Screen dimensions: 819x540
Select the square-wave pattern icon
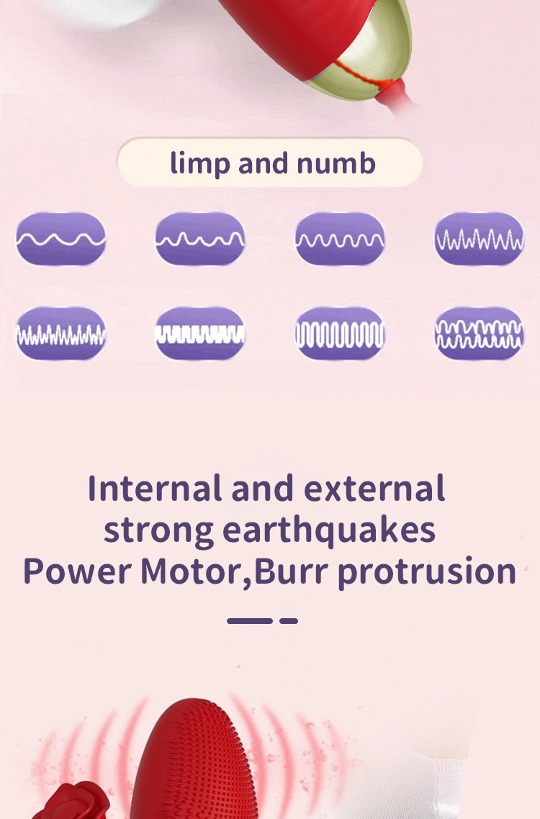[200, 333]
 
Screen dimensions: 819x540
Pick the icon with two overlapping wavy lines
[479, 333]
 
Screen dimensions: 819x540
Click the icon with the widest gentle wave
[61, 239]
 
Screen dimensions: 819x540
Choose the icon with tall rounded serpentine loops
[340, 333]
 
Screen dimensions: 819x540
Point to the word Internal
[154, 489]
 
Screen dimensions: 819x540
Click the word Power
[77, 571]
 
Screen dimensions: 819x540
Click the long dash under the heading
[249, 620]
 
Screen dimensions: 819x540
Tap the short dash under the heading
[289, 620]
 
